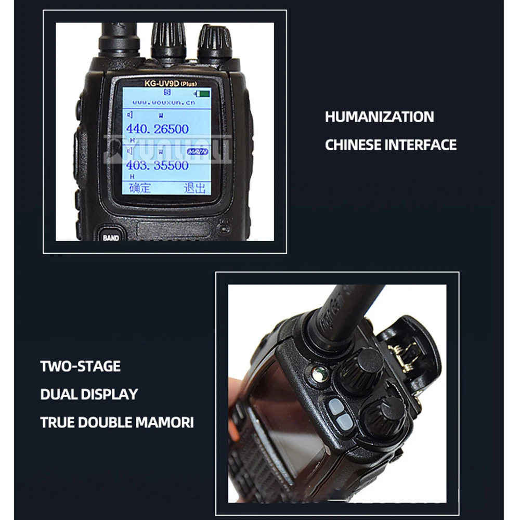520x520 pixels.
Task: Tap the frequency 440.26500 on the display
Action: [157, 128]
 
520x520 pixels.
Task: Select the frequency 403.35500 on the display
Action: [156, 166]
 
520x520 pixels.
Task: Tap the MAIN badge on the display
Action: [196, 151]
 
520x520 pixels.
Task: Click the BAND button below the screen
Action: [110, 237]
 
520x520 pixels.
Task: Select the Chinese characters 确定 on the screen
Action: [139, 187]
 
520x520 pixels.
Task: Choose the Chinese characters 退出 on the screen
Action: [194, 187]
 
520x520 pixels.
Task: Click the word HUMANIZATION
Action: [379, 117]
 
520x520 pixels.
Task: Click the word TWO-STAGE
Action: [80, 367]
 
